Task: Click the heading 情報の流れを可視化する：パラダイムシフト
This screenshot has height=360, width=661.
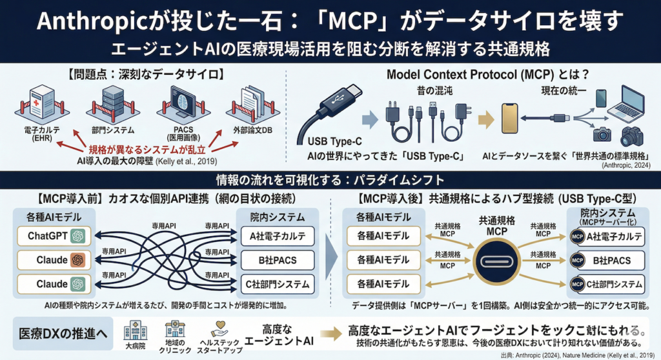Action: pos(330,178)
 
